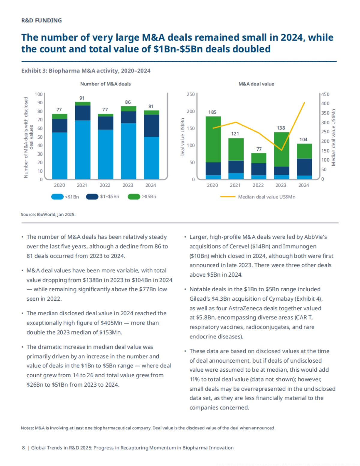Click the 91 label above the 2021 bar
[x=82, y=98]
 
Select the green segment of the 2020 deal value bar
[x=213, y=139]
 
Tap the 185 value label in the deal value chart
[x=212, y=112]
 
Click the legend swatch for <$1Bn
[x=57, y=197]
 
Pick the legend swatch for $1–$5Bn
[x=92, y=197]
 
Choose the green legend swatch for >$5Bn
[x=134, y=197]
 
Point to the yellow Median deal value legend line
[x=228, y=197]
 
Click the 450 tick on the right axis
[x=325, y=94]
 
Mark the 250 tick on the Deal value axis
[x=190, y=94]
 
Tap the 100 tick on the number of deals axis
[x=38, y=94]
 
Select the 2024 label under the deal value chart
[x=304, y=185]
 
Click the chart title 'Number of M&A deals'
[x=105, y=84]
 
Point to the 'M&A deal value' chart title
[x=256, y=84]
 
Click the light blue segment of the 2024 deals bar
[x=151, y=158]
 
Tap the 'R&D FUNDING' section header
[x=41, y=20]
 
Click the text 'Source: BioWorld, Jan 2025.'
[x=48, y=215]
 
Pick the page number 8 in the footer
[x=23, y=448]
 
